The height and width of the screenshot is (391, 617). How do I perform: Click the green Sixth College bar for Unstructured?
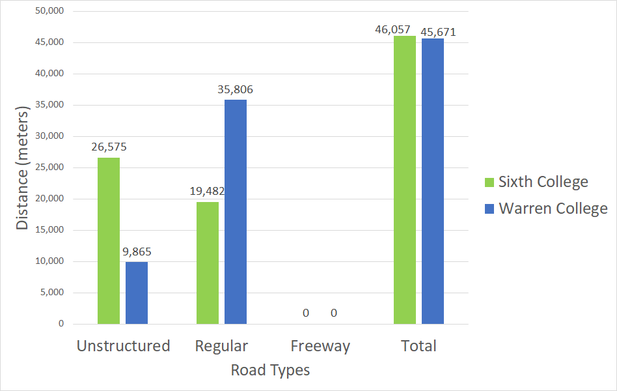click(109, 240)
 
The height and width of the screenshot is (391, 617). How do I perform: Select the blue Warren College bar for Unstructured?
click(137, 293)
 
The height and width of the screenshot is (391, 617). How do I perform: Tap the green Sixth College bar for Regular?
click(208, 263)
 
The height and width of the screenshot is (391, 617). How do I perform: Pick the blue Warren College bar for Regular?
click(236, 212)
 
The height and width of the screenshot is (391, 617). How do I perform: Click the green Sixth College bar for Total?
click(405, 180)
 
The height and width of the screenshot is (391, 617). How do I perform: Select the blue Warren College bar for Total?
click(433, 181)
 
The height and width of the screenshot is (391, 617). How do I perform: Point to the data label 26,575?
click(109, 147)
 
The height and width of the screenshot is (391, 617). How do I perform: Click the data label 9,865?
click(137, 252)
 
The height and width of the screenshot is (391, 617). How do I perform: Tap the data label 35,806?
click(236, 90)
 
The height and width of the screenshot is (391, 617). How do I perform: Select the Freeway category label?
click(320, 346)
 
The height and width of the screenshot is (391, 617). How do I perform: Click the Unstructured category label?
click(123, 346)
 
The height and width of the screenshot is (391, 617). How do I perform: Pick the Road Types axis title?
click(270, 370)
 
